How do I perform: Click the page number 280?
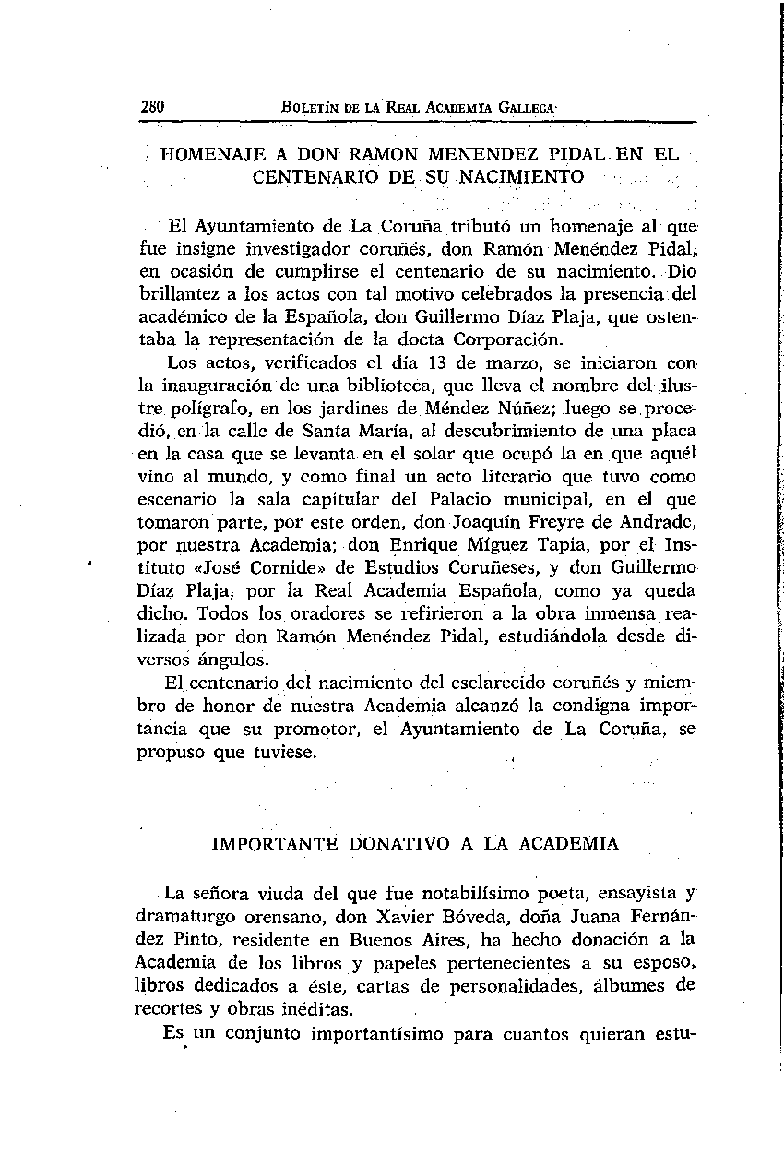pos(152,106)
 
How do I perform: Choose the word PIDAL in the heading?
pos(563,156)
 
